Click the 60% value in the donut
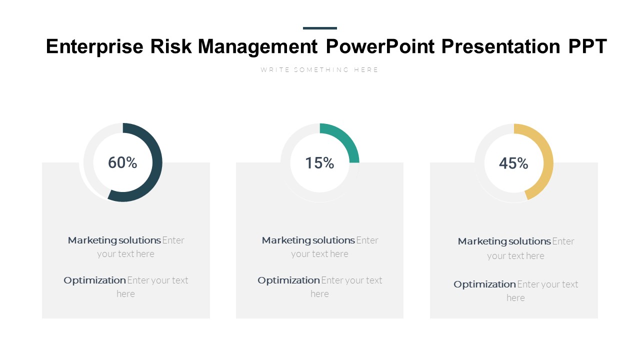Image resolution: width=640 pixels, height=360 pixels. pyautogui.click(x=122, y=162)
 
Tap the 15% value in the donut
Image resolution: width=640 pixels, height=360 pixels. pyautogui.click(x=319, y=163)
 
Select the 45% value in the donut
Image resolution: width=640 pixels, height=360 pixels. pyautogui.click(x=513, y=163)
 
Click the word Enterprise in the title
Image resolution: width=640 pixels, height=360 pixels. pyautogui.click(x=95, y=46)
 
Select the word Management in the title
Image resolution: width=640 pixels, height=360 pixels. pyautogui.click(x=257, y=46)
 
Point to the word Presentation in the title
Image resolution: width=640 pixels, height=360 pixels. pyautogui.click(x=501, y=46)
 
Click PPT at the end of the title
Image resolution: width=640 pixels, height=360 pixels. pyautogui.click(x=587, y=46)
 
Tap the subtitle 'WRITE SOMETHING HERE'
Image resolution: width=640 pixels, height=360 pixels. pyautogui.click(x=319, y=70)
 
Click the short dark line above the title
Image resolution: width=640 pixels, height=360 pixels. pyautogui.click(x=320, y=28)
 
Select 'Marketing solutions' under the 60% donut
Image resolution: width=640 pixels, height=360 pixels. pyautogui.click(x=114, y=240)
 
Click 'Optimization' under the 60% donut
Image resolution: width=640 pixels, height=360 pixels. pyautogui.click(x=94, y=280)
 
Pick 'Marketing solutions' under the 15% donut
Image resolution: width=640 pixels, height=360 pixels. pyautogui.click(x=308, y=240)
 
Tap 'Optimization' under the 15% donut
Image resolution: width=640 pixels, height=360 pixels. pyautogui.click(x=288, y=280)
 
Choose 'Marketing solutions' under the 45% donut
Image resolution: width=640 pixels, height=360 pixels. pyautogui.click(x=504, y=241)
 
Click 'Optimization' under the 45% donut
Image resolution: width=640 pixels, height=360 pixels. pyautogui.click(x=484, y=284)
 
